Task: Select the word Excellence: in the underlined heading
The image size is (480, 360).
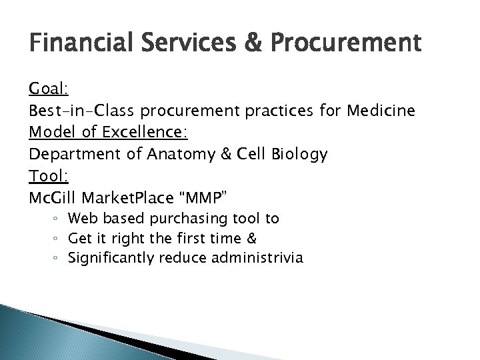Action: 149,132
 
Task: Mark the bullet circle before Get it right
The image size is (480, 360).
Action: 60,239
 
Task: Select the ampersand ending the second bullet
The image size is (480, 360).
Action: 252,237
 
